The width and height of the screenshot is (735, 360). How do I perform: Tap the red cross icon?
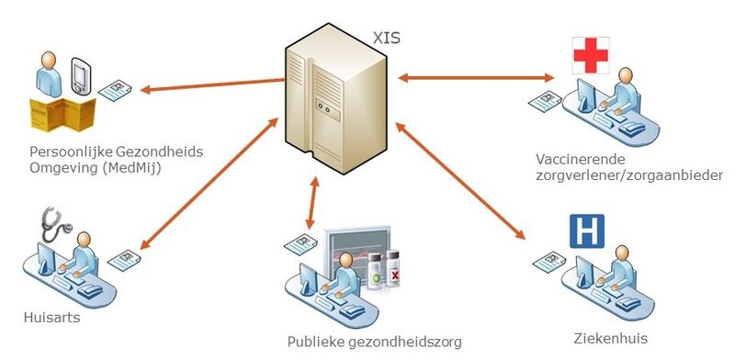pyautogui.click(x=591, y=55)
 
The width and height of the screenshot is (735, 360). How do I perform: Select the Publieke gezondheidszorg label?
pyautogui.click(x=373, y=342)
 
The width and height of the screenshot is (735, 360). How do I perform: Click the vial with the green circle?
pyautogui.click(x=374, y=274)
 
